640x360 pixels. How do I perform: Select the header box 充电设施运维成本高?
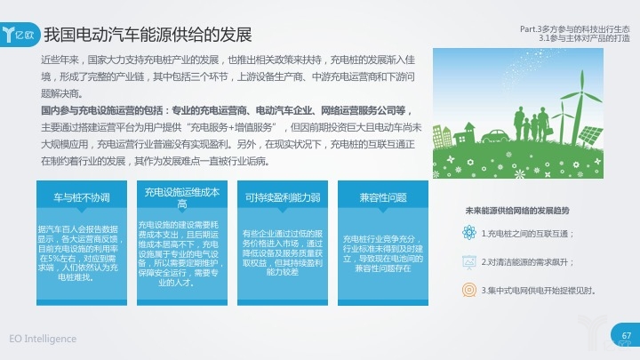click(181, 197)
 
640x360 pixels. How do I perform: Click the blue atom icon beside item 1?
click(470, 234)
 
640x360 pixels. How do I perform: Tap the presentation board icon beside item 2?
click(470, 262)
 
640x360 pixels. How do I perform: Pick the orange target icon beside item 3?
click(470, 290)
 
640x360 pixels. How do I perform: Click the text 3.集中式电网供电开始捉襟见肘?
click(537, 290)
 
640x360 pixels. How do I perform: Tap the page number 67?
click(626, 335)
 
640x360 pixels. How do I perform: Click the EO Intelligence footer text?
click(44, 339)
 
